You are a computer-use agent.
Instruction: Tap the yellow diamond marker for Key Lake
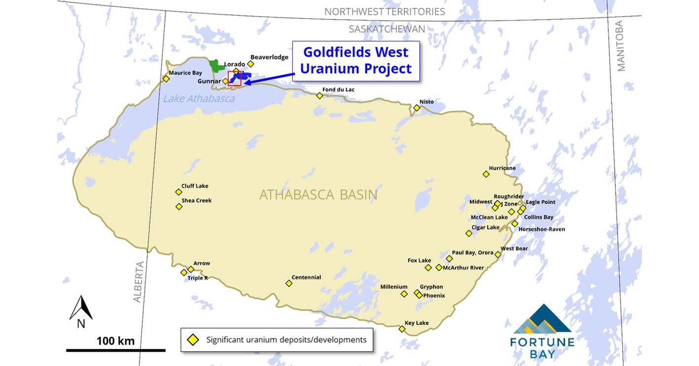[402, 329]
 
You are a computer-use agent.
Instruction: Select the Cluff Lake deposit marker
[179, 192]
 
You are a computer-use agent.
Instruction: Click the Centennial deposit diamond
[289, 283]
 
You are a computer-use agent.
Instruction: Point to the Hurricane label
[502, 168]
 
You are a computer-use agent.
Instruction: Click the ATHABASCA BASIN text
[318, 195]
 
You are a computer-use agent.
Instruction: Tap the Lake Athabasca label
[198, 99]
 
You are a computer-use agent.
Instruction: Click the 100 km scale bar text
[115, 341]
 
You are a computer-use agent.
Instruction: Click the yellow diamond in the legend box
[193, 340]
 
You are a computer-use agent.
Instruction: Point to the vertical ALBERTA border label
[138, 281]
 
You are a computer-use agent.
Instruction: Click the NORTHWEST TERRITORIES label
[385, 11]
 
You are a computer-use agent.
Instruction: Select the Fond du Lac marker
[319, 96]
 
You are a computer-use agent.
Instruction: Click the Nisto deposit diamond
[417, 108]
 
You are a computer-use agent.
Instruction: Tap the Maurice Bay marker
[166, 78]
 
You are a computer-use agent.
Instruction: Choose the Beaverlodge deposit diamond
[250, 64]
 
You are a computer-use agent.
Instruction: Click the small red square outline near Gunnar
[234, 79]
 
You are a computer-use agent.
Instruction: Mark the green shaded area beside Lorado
[215, 66]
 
